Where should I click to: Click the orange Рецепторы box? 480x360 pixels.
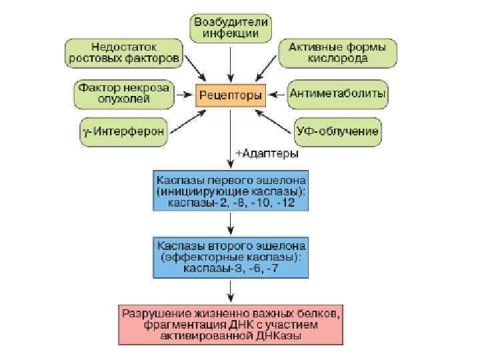click(x=230, y=95)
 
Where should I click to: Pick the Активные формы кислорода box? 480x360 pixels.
click(x=337, y=53)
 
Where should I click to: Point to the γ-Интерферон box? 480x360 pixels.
click(x=124, y=131)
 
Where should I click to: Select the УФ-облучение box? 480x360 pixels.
click(x=337, y=131)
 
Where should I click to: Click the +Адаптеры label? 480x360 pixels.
click(x=267, y=153)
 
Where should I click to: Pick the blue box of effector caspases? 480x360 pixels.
click(x=231, y=255)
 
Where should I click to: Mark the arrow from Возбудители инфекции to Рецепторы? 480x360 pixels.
click(x=231, y=63)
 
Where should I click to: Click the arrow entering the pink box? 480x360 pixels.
click(x=231, y=291)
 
